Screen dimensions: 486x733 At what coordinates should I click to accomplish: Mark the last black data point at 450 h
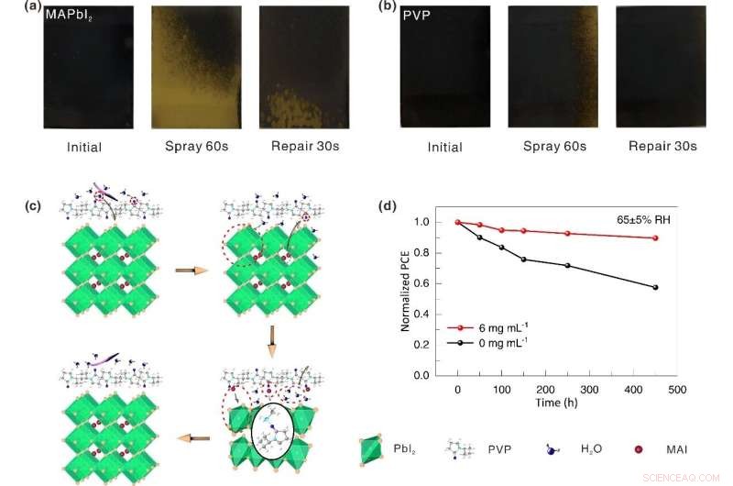(x=655, y=288)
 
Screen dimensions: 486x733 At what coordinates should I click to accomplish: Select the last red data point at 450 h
(x=655, y=238)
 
